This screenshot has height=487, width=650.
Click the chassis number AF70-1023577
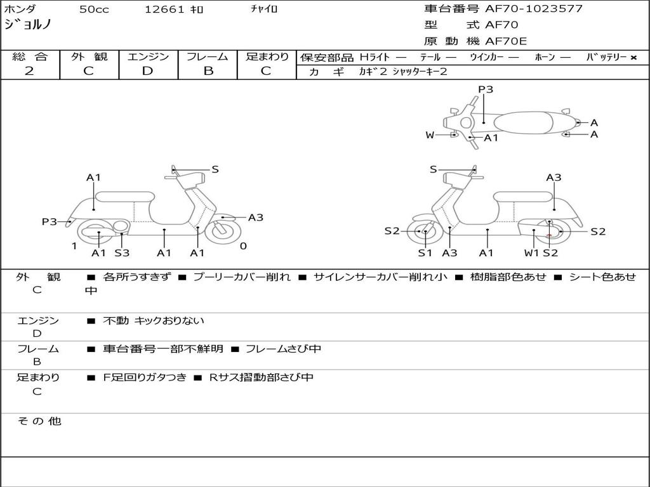click(x=534, y=9)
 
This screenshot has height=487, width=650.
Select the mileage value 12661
click(x=164, y=10)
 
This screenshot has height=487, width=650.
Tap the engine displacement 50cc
click(x=94, y=10)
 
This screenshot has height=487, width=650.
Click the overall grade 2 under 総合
click(x=29, y=71)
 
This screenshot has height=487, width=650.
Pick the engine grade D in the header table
click(x=147, y=71)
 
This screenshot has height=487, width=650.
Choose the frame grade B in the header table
click(x=208, y=71)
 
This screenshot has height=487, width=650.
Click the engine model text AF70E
click(x=506, y=41)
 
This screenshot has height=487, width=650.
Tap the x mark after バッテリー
click(x=633, y=58)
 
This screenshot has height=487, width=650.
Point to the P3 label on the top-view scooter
click(x=486, y=89)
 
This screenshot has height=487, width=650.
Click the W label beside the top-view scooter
click(x=430, y=135)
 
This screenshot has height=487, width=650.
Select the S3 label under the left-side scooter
click(x=122, y=252)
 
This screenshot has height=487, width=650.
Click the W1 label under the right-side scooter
click(x=531, y=252)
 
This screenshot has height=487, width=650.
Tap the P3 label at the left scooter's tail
click(x=50, y=221)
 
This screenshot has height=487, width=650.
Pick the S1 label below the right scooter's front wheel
click(x=425, y=252)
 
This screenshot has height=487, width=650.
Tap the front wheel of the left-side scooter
click(x=223, y=232)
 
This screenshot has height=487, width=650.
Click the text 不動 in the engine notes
click(x=116, y=320)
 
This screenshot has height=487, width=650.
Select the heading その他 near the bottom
click(x=39, y=421)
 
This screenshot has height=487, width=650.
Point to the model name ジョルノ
click(x=28, y=24)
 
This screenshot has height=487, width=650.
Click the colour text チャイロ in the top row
click(x=264, y=9)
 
